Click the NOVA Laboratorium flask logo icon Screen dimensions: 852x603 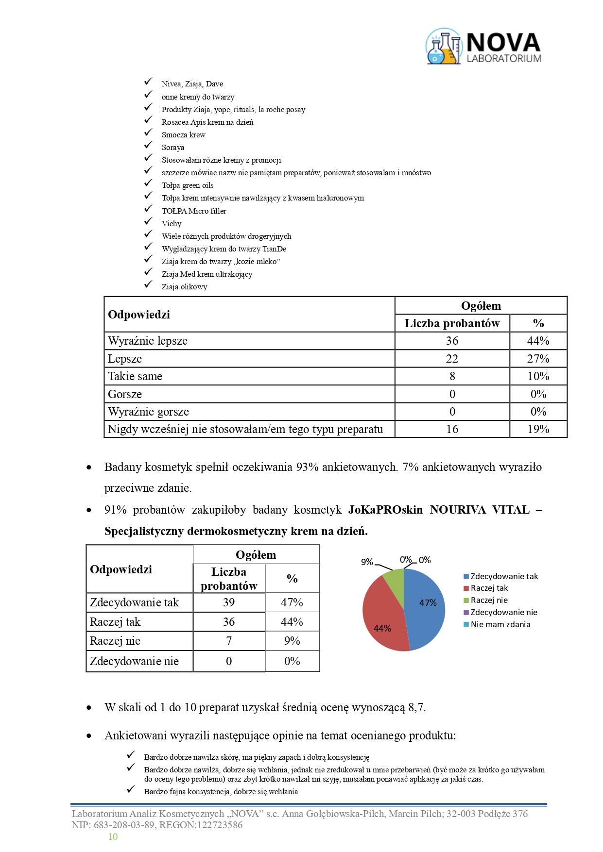tap(443, 47)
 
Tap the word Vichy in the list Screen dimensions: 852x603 tap(172, 224)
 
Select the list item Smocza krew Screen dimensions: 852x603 tap(183, 135)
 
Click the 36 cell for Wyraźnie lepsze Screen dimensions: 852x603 tap(452, 341)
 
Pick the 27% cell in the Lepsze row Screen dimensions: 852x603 tap(538, 359)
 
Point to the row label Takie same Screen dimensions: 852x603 tap(135, 376)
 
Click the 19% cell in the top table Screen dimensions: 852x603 tap(538, 429)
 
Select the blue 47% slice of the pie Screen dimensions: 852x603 tap(425, 607)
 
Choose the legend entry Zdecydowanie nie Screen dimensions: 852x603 tap(503, 612)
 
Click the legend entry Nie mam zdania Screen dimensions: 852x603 tap(500, 624)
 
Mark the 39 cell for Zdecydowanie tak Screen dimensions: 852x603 tap(229, 602)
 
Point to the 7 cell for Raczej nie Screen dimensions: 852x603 tap(229, 641)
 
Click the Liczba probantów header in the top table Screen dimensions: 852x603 tap(452, 323)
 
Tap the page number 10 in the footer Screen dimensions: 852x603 tap(113, 836)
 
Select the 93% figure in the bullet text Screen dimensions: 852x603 tap(307, 467)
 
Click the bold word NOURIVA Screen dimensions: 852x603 tap(458, 510)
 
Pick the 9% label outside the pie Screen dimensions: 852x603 tap(367, 562)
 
